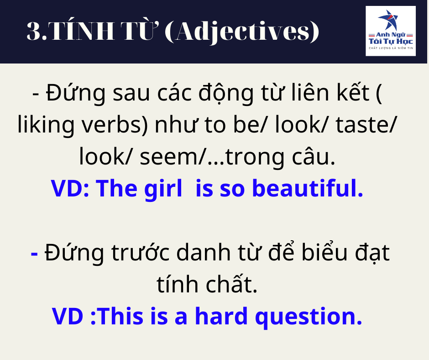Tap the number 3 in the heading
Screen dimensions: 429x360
click(x=34, y=31)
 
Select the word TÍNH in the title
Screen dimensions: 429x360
click(x=82, y=30)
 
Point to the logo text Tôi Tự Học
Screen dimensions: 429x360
click(x=391, y=42)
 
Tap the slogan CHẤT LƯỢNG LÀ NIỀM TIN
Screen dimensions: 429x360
click(x=391, y=48)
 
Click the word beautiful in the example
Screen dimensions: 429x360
click(x=308, y=188)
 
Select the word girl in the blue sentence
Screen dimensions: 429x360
click(x=163, y=189)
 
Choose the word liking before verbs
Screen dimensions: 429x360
click(x=46, y=125)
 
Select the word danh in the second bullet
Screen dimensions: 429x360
click(x=203, y=253)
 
